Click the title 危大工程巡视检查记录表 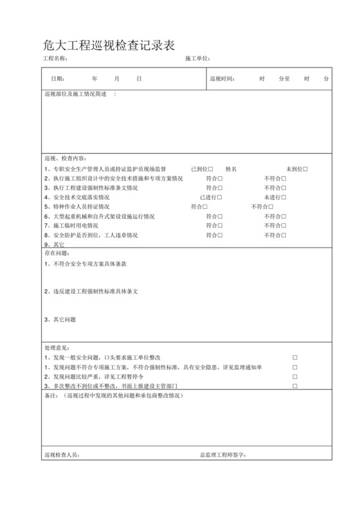[x=109, y=44]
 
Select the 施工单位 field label [x=197, y=58]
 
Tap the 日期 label [x=58, y=78]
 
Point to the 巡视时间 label [x=222, y=78]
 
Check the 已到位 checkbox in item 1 [x=210, y=169]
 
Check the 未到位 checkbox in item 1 [x=305, y=169]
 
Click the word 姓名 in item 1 [x=231, y=169]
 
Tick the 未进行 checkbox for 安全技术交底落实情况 [x=283, y=197]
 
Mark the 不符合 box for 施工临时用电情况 [x=283, y=226]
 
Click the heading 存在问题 [x=55, y=254]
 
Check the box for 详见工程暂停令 [x=295, y=377]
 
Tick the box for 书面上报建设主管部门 [x=295, y=386]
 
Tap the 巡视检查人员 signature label [x=62, y=455]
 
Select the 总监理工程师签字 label [x=223, y=455]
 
